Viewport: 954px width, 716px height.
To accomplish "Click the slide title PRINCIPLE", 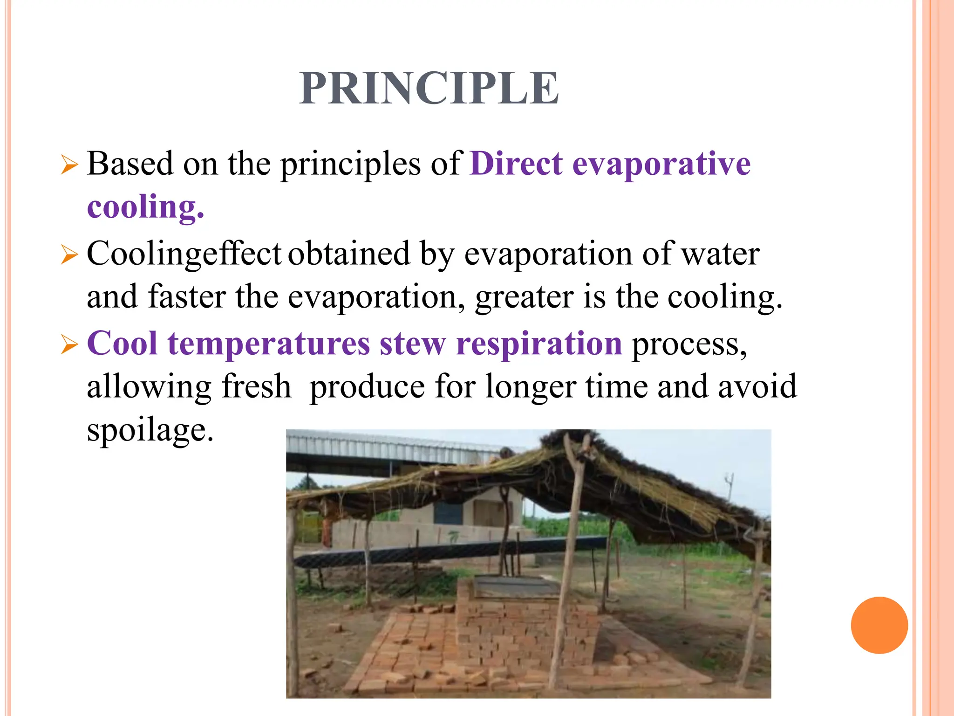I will pos(429,88).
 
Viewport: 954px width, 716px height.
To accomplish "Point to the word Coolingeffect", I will pos(184,254).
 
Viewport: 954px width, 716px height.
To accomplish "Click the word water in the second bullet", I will pos(720,254).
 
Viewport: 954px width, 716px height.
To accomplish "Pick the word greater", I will pos(524,297).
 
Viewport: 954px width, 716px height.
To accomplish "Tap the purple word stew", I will pos(413,344).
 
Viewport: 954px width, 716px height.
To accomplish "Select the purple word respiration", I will pos(539,344).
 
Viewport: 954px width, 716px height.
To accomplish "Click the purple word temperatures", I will pos(269,344).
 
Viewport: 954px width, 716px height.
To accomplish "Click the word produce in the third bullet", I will pos(367,386).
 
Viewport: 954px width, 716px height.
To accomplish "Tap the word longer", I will pos(531,386).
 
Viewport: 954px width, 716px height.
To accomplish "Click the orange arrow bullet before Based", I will pos(69,165).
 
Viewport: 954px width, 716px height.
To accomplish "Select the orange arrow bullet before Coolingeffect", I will pos(69,255).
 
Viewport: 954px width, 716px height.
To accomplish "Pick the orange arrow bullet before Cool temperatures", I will pos(69,345).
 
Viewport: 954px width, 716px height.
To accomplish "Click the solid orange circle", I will pos(879,625).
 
